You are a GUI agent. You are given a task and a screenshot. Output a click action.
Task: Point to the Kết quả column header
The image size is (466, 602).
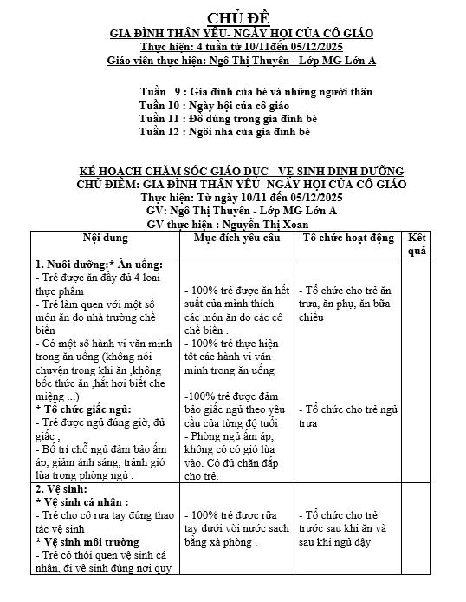tap(417, 244)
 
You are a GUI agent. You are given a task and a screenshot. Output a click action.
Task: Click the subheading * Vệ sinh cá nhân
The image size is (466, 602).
tap(82, 501)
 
